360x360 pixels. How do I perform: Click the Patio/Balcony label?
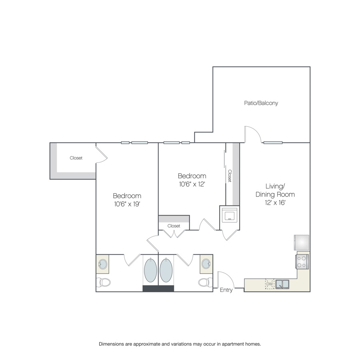pos(261,103)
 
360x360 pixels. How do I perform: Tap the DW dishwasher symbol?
pos(270,284)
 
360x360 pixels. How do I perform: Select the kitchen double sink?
pos(282,284)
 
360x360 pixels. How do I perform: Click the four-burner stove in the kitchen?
pos(302,262)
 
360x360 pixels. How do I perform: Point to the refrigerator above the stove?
pos(302,242)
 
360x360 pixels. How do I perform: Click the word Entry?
pos(226,290)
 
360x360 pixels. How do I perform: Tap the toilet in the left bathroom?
pos(103,282)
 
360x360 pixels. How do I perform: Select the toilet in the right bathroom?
pos(206,282)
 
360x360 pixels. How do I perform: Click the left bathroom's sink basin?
pos(103,264)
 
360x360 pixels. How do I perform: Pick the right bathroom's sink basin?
pos(206,264)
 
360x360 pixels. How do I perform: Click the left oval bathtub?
pos(150,270)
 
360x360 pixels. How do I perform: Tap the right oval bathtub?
pos(166,270)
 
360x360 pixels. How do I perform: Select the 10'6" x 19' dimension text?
pos(127,204)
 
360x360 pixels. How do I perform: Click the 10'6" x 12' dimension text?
pos(192,184)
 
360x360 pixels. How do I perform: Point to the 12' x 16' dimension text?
pos(275,202)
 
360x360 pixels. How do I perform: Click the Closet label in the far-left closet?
pos(76,158)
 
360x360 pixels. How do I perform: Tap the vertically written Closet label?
pos(230,176)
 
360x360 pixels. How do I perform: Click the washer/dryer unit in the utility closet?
pos(229,216)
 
